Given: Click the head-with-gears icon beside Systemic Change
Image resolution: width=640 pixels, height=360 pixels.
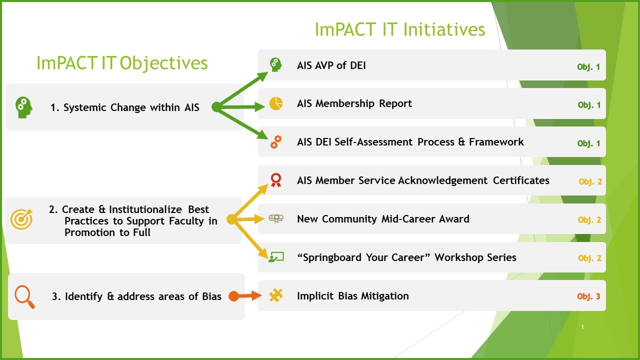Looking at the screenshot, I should point(23,107).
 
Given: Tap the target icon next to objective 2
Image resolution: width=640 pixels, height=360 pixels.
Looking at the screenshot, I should point(22,219).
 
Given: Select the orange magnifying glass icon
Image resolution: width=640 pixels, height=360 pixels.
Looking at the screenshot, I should point(24,296).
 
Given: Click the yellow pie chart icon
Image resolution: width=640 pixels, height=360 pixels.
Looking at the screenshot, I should point(276,103).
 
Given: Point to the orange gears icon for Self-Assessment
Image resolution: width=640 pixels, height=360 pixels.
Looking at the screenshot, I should point(276,142).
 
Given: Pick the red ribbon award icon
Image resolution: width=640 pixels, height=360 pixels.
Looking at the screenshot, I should point(276,180).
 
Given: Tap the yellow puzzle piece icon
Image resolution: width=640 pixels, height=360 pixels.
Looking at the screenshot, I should point(276,295).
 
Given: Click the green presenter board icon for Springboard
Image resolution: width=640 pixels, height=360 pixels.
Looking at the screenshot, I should point(276,257).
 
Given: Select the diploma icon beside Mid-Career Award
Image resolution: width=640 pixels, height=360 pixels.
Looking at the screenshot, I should point(276,218).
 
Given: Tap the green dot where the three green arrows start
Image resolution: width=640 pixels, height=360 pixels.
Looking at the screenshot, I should point(216,106).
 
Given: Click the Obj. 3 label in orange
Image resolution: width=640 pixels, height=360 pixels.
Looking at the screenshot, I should point(588,296).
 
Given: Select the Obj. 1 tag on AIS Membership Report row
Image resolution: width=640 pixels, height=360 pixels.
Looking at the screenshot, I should point(589,105).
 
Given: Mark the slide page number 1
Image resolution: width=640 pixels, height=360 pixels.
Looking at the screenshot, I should point(583,327).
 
